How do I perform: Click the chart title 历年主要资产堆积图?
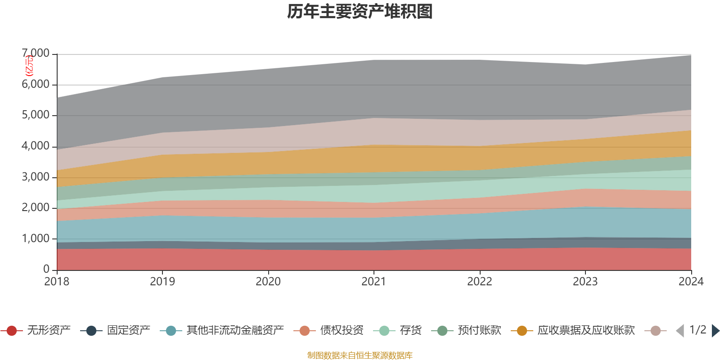click(x=360, y=12)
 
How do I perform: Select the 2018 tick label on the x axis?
click(x=57, y=282)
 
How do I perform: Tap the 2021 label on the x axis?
click(x=374, y=282)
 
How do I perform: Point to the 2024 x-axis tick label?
click(x=691, y=282)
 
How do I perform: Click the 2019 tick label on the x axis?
click(x=162, y=282)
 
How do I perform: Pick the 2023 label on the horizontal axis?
click(x=585, y=282)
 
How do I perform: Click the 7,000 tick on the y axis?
click(x=36, y=54)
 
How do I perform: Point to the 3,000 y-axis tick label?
click(x=36, y=177)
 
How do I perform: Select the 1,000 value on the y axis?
click(x=36, y=238)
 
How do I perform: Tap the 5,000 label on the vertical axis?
click(x=36, y=115)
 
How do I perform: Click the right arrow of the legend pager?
click(x=715, y=331)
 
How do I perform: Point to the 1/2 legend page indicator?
click(x=697, y=330)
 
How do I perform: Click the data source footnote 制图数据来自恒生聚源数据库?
click(x=360, y=355)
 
